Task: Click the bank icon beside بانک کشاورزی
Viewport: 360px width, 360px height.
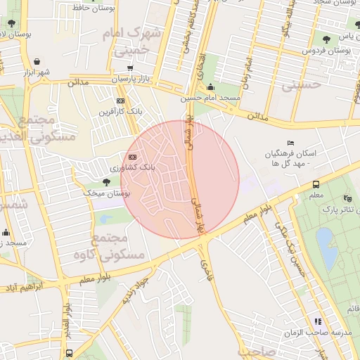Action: point(132,157)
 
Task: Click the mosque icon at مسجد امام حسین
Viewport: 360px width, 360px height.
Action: point(211,88)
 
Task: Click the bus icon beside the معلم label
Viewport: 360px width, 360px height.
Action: point(316,185)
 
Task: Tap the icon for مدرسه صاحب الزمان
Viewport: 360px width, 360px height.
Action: point(317,321)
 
